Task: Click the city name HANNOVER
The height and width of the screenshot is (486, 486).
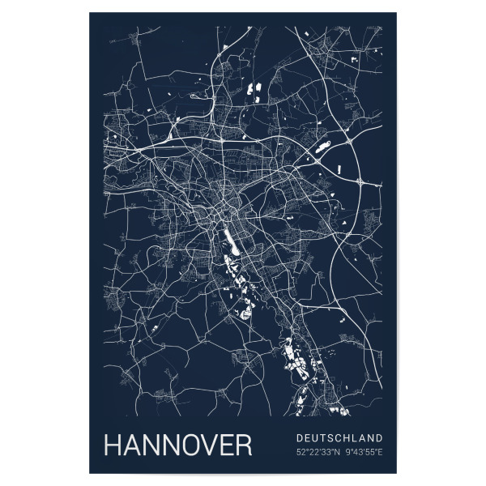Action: pyautogui.click(x=177, y=446)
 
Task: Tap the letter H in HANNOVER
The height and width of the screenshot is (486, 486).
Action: pyautogui.click(x=113, y=446)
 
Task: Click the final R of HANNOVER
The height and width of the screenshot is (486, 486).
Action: pyautogui.click(x=242, y=446)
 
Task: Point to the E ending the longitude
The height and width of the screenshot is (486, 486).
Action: pyautogui.click(x=381, y=451)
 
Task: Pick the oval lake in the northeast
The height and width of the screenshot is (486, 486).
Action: pyautogui.click(x=323, y=147)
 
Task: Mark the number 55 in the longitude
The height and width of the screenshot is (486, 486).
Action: pyautogui.click(x=372, y=451)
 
